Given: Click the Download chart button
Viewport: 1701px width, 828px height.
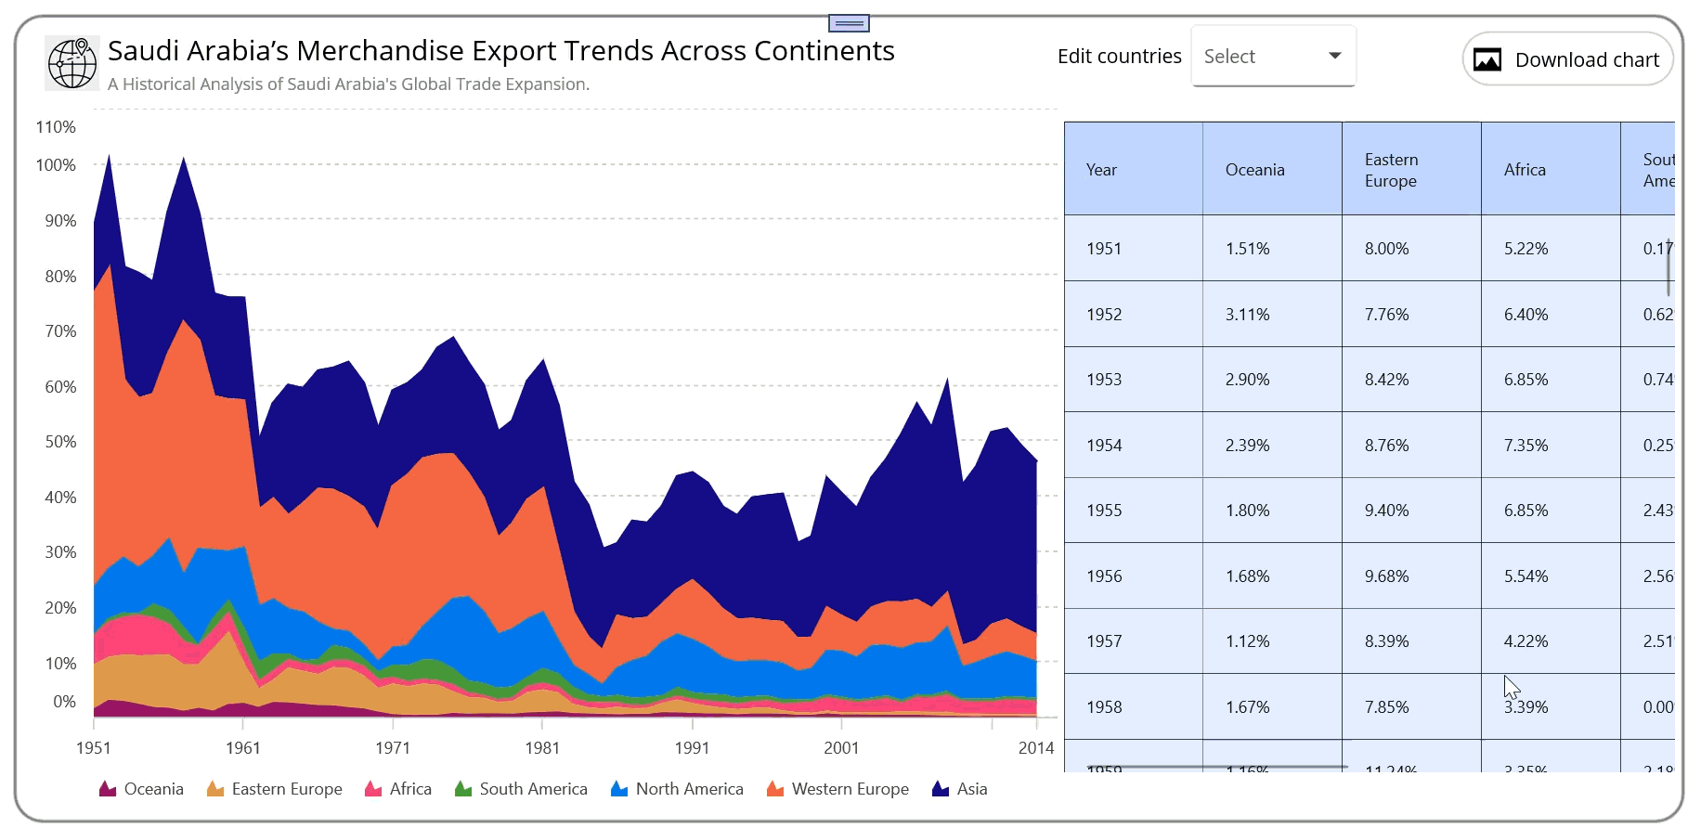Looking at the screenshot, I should [1567, 59].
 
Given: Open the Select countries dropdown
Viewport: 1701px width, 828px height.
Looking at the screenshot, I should [1273, 57].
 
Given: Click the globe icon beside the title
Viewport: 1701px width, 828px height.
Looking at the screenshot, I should [72, 63].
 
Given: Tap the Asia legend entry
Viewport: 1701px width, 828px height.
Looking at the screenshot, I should [960, 789].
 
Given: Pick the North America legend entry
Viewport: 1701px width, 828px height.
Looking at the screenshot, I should [677, 789].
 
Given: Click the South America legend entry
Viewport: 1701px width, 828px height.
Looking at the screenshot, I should [521, 789].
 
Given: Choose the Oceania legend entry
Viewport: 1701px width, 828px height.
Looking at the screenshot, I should [141, 789].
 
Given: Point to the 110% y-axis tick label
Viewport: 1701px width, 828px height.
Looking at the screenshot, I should [56, 127].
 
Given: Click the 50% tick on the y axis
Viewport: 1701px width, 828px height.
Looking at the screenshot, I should [61, 442].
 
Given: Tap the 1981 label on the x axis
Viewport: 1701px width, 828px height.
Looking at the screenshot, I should [542, 748].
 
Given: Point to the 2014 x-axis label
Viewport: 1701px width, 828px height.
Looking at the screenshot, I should [1036, 748].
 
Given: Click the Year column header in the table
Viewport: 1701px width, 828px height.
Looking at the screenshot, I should [1101, 170].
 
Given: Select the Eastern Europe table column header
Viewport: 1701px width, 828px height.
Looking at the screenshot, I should [1391, 171].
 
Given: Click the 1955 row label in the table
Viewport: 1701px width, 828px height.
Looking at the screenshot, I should [1104, 511].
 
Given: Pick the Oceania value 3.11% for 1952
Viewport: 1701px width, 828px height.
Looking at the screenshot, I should [1247, 315].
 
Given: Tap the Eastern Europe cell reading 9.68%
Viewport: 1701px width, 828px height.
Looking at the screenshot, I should [1386, 576].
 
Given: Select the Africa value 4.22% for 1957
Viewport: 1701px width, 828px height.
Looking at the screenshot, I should [1526, 641].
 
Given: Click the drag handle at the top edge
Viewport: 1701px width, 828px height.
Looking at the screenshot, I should [849, 23].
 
